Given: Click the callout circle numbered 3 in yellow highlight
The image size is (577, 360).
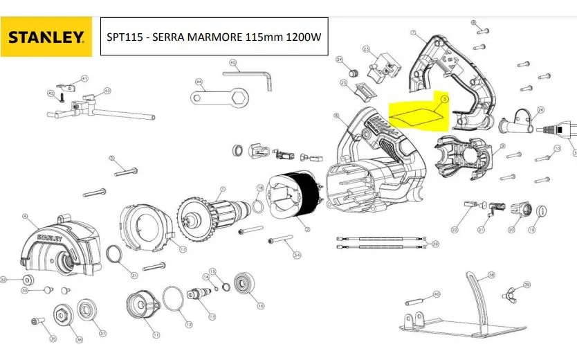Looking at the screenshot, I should [x=444, y=99].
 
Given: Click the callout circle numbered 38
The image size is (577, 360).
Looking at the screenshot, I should [x=491, y=275].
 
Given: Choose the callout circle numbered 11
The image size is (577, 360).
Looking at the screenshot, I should [x=156, y=335].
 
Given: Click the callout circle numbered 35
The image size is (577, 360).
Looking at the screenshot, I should [x=53, y=339].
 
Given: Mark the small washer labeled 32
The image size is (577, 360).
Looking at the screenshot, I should [x=30, y=280].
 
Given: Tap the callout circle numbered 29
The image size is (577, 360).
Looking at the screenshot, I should [x=434, y=244].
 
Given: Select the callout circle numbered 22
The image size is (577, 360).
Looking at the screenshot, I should [x=455, y=229].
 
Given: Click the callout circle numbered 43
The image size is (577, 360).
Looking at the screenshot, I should [x=107, y=91].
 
